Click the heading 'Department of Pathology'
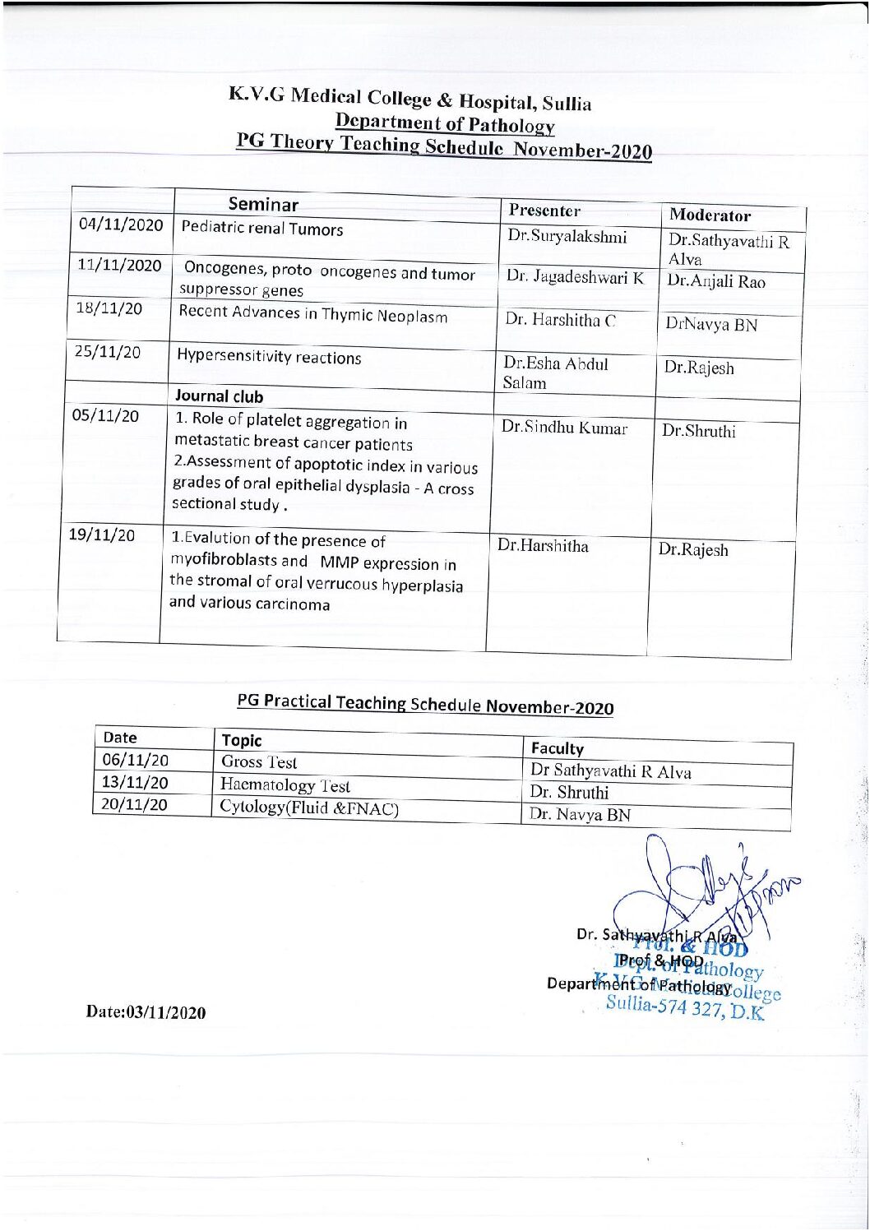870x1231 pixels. coord(445,123)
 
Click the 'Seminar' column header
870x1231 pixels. coord(263,204)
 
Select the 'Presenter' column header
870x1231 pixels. coord(544,211)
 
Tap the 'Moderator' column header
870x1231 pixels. coord(710,215)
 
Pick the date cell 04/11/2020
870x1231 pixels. coord(121,224)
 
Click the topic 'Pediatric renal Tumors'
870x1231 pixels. coord(261,229)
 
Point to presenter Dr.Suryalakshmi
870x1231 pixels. coord(567,237)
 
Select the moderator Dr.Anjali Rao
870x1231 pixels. coord(715,281)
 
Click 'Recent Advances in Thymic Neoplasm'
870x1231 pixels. coord(313,314)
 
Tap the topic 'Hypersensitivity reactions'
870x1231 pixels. coord(269,357)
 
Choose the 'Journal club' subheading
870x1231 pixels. coord(219,396)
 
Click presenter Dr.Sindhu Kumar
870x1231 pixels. coord(564,428)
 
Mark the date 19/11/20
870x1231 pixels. coord(102,535)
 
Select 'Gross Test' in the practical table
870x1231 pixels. coord(259,762)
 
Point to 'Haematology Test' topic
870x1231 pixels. coord(285,785)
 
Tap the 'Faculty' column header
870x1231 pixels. coord(557,748)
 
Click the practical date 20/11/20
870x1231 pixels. coord(134,804)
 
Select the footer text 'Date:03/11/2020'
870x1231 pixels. coord(146,1012)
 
